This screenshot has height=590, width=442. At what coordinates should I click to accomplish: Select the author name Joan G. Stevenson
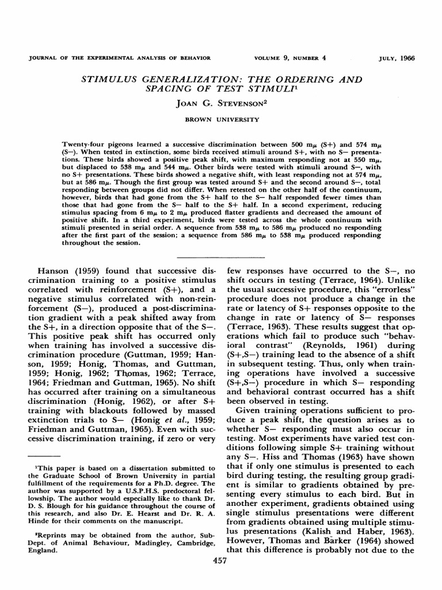pyautogui.click(x=220, y=106)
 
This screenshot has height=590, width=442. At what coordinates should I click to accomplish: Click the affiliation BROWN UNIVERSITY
pyautogui.click(x=220, y=120)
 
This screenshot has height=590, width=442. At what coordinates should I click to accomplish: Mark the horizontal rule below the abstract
pyautogui.click(x=221, y=256)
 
